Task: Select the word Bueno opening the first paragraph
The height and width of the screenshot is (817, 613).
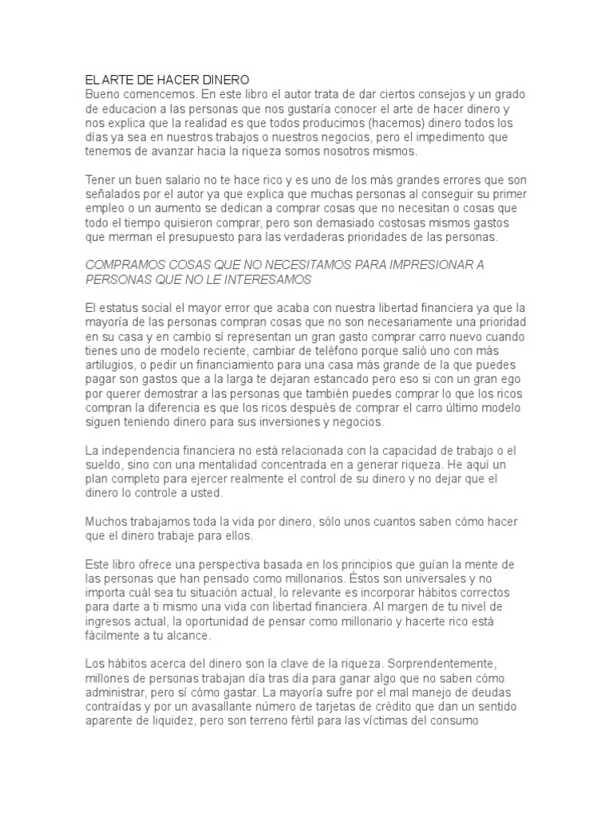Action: [102, 94]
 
